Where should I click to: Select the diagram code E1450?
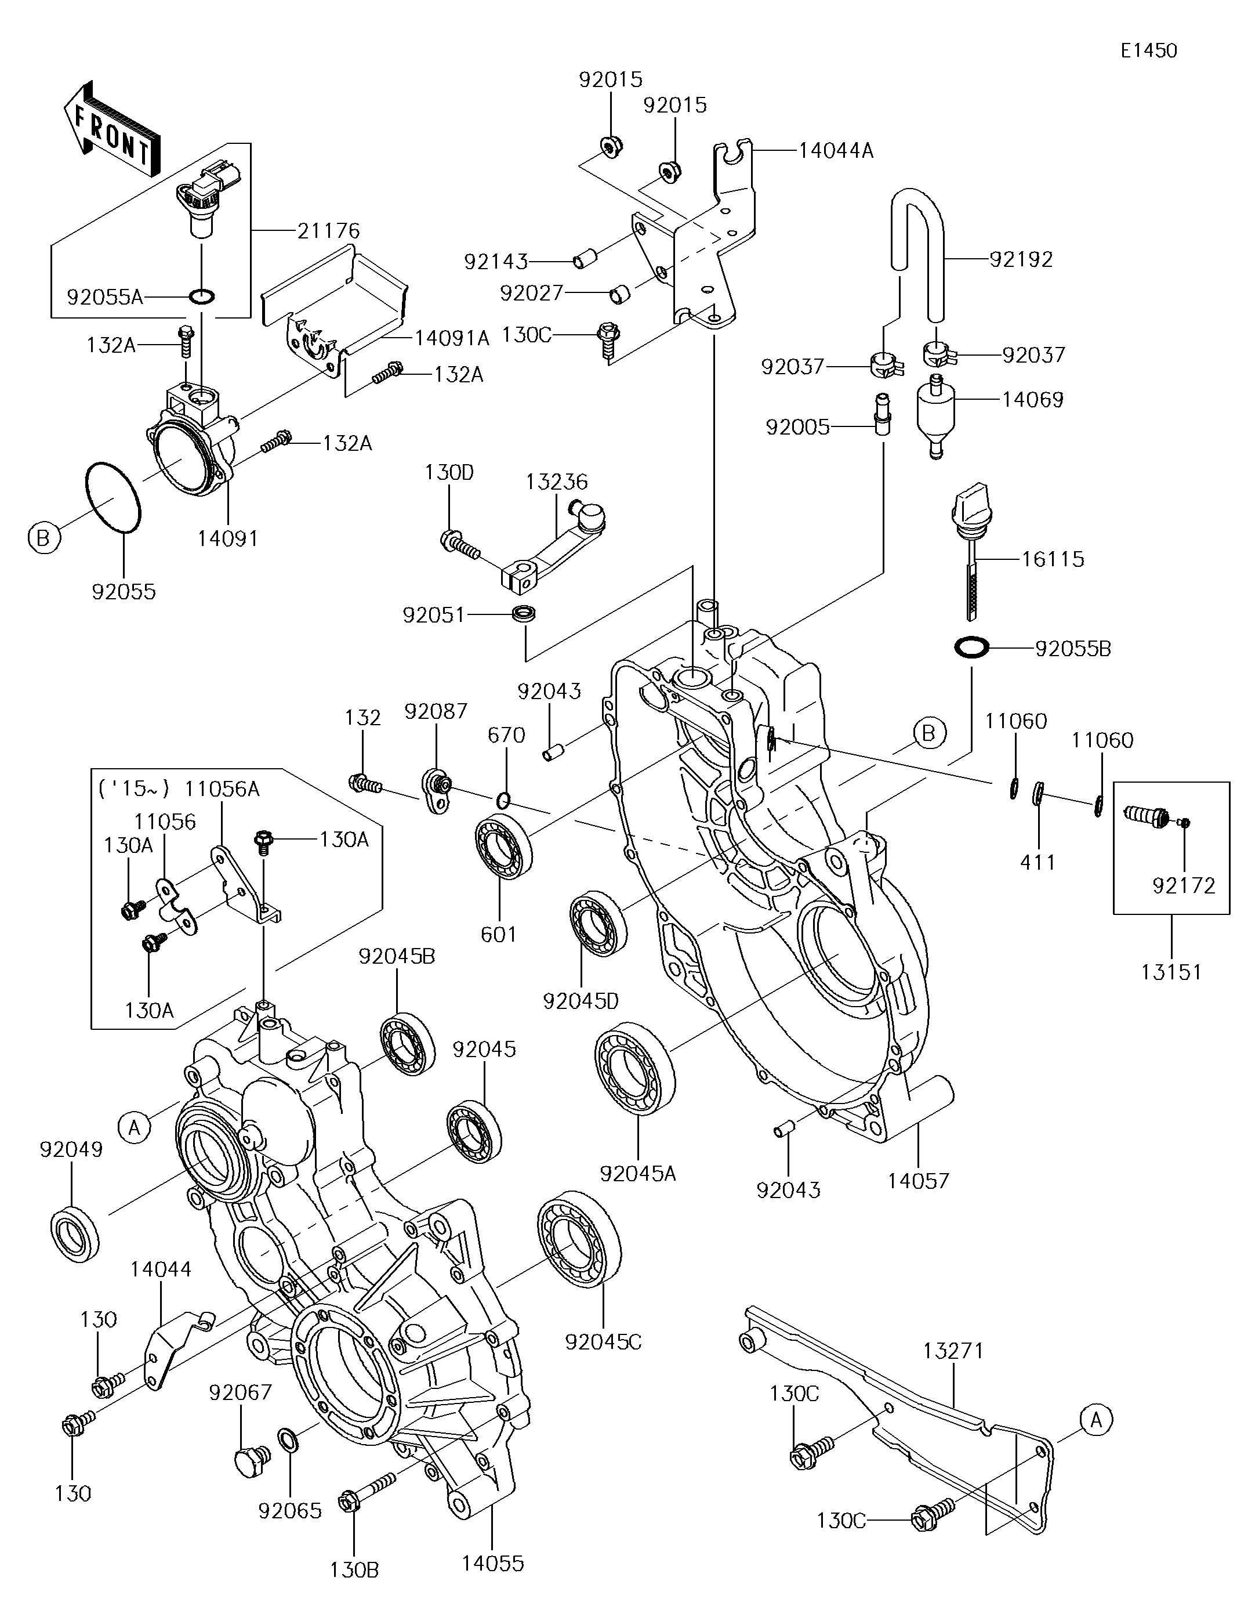pyautogui.click(x=1148, y=50)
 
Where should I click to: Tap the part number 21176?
pyautogui.click(x=329, y=231)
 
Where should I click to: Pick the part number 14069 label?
pyautogui.click(x=1032, y=400)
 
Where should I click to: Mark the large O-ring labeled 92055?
pyautogui.click(x=114, y=497)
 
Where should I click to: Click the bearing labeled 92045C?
pyautogui.click(x=578, y=1239)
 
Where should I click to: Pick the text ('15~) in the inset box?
pyautogui.click(x=132, y=788)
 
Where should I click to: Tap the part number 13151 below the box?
pyautogui.click(x=1171, y=972)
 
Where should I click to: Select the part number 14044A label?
pyautogui.click(x=836, y=151)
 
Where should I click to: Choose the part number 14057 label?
pyautogui.click(x=918, y=1180)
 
